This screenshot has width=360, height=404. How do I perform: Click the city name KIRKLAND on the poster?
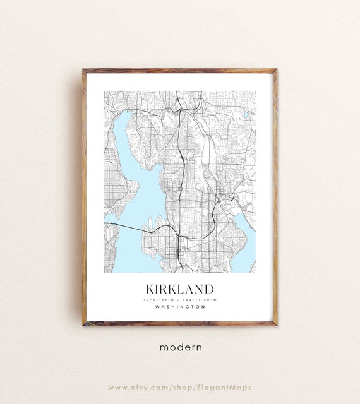coord(179,288)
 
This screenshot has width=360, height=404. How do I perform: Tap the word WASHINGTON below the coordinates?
coord(179,307)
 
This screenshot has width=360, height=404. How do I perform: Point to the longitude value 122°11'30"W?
coord(201,299)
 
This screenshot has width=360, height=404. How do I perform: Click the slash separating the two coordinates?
coord(180,299)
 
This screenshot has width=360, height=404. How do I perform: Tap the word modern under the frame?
coord(180,347)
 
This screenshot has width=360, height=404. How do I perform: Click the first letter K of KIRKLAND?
coord(150,288)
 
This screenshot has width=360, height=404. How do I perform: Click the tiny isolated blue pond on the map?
coord(245,115)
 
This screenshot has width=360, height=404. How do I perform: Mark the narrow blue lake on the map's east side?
coord(245,234)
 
